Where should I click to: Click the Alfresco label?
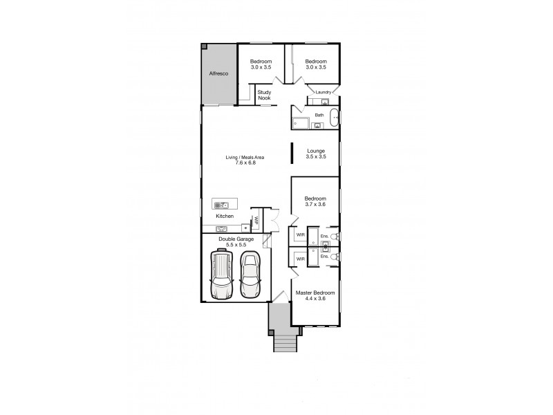[x=219, y=72]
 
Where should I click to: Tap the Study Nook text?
[x=264, y=95]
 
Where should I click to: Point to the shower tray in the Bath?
[x=301, y=123]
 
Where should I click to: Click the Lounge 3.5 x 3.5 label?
[x=315, y=154]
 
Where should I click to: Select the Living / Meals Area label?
[x=245, y=160]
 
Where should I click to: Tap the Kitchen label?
[x=225, y=216]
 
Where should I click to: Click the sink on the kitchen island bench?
[x=221, y=205]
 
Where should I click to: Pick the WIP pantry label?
[x=256, y=221]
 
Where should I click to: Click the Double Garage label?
[x=236, y=241]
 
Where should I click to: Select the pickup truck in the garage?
[x=221, y=275]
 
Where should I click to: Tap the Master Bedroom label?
[x=315, y=295]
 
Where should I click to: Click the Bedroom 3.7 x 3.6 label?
[x=315, y=201]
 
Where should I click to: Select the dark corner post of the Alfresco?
[x=205, y=46]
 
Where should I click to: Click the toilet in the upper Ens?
[x=334, y=237]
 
